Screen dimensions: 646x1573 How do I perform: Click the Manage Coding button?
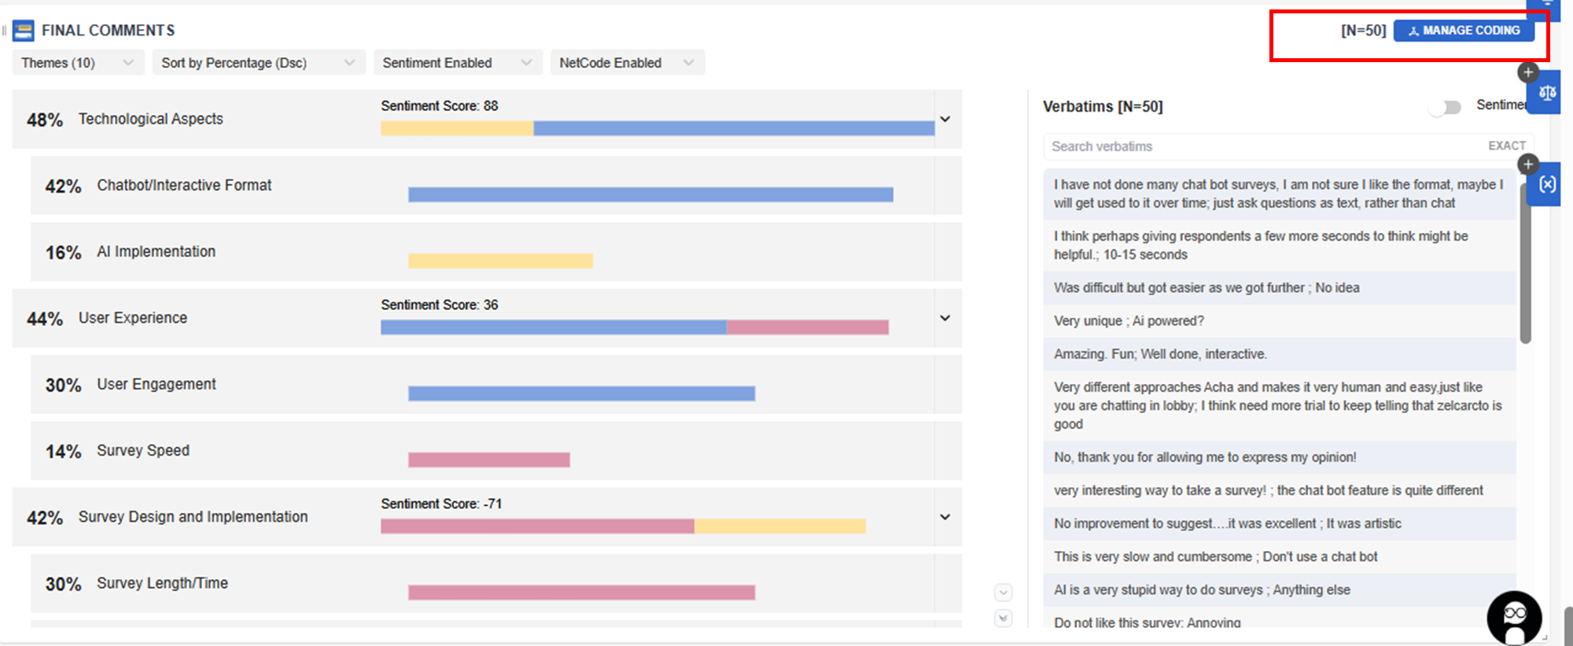tap(1463, 31)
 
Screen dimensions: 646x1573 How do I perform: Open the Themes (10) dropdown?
tap(77, 63)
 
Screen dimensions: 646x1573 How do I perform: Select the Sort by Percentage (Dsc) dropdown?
tap(257, 63)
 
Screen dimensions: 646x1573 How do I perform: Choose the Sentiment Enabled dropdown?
tap(457, 63)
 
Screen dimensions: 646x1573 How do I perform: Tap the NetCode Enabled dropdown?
tap(626, 63)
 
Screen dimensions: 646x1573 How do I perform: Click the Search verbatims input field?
tap(1258, 146)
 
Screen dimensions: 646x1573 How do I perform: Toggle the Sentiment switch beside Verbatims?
tap(1446, 107)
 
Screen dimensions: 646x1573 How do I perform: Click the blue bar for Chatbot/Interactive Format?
tap(650, 194)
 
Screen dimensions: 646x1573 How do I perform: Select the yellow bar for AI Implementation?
tap(500, 260)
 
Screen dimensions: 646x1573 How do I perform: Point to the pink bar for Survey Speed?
tap(488, 460)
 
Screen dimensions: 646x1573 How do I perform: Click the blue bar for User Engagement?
tap(581, 393)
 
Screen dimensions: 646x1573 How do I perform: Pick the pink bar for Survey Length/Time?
tap(581, 592)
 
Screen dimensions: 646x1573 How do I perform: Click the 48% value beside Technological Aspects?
tap(45, 120)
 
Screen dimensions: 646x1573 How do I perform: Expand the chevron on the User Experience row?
tap(945, 318)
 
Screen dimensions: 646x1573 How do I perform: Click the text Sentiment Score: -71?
tap(441, 504)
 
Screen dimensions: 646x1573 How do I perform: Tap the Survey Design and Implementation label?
tap(193, 517)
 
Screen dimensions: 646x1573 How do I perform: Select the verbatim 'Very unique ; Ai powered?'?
tap(1129, 321)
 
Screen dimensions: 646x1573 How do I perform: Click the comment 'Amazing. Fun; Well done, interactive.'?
tap(1160, 354)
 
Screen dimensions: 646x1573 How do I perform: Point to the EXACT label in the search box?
tap(1506, 146)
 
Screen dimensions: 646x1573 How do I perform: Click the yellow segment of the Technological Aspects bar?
tap(457, 128)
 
